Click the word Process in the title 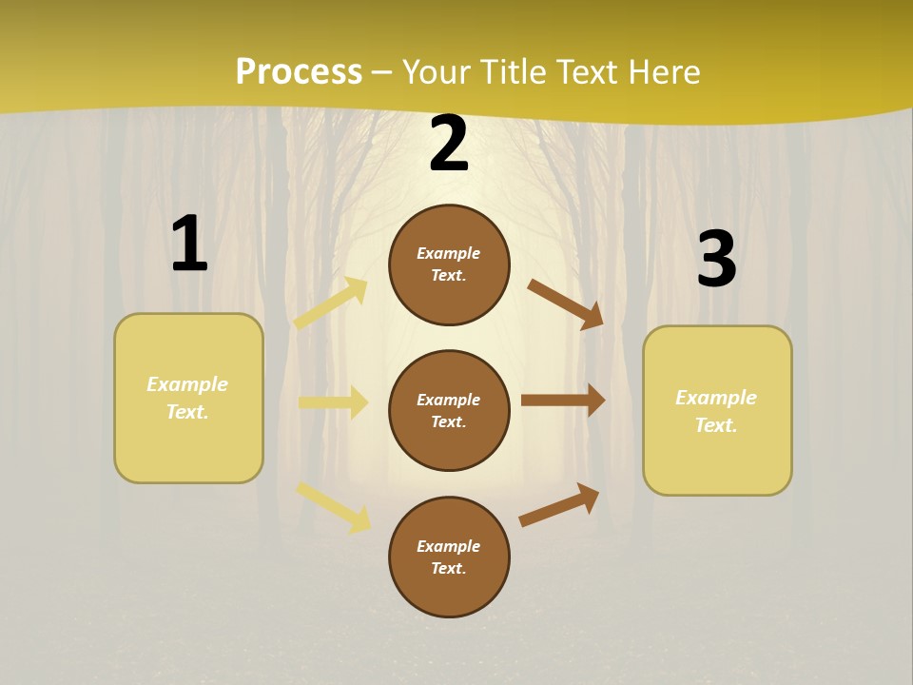[299, 72]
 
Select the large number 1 [189, 245]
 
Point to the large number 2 [449, 145]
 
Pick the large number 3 [716, 259]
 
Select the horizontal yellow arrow [333, 402]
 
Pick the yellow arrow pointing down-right [334, 506]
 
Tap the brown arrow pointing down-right [566, 304]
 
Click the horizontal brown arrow [563, 401]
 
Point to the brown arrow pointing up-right [559, 504]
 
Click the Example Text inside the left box [187, 398]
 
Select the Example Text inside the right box [716, 411]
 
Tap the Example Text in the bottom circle [448, 558]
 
